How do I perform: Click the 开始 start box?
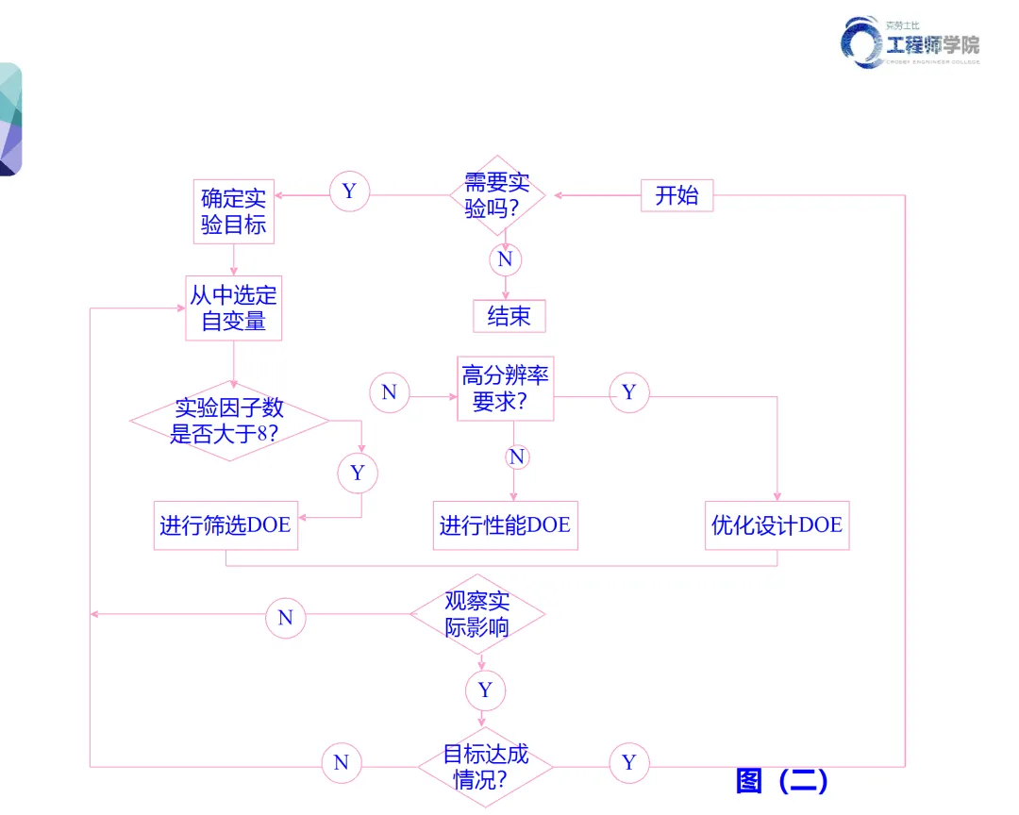pos(677,195)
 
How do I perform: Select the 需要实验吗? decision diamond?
pos(497,195)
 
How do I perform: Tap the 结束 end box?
pos(509,316)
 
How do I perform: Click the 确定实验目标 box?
pos(233,211)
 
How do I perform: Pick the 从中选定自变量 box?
pos(233,308)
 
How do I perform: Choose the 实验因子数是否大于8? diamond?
pos(228,422)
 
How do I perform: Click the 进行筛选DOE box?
pos(226,525)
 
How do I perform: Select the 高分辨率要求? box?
pos(506,389)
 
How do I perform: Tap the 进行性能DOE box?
pos(505,525)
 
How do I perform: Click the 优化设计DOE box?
pos(777,525)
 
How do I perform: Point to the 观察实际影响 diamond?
pos(477,614)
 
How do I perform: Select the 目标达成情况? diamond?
pos(485,767)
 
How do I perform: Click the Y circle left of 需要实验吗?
pos(349,191)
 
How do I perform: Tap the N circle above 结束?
pos(505,259)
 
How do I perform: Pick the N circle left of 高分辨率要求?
pos(389,392)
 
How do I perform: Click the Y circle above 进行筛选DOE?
pos(358,473)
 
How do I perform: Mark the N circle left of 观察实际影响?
pos(286,618)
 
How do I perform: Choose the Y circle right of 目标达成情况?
pos(629,762)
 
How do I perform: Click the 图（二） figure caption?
pos(781,781)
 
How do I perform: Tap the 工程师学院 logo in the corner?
pos(911,42)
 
